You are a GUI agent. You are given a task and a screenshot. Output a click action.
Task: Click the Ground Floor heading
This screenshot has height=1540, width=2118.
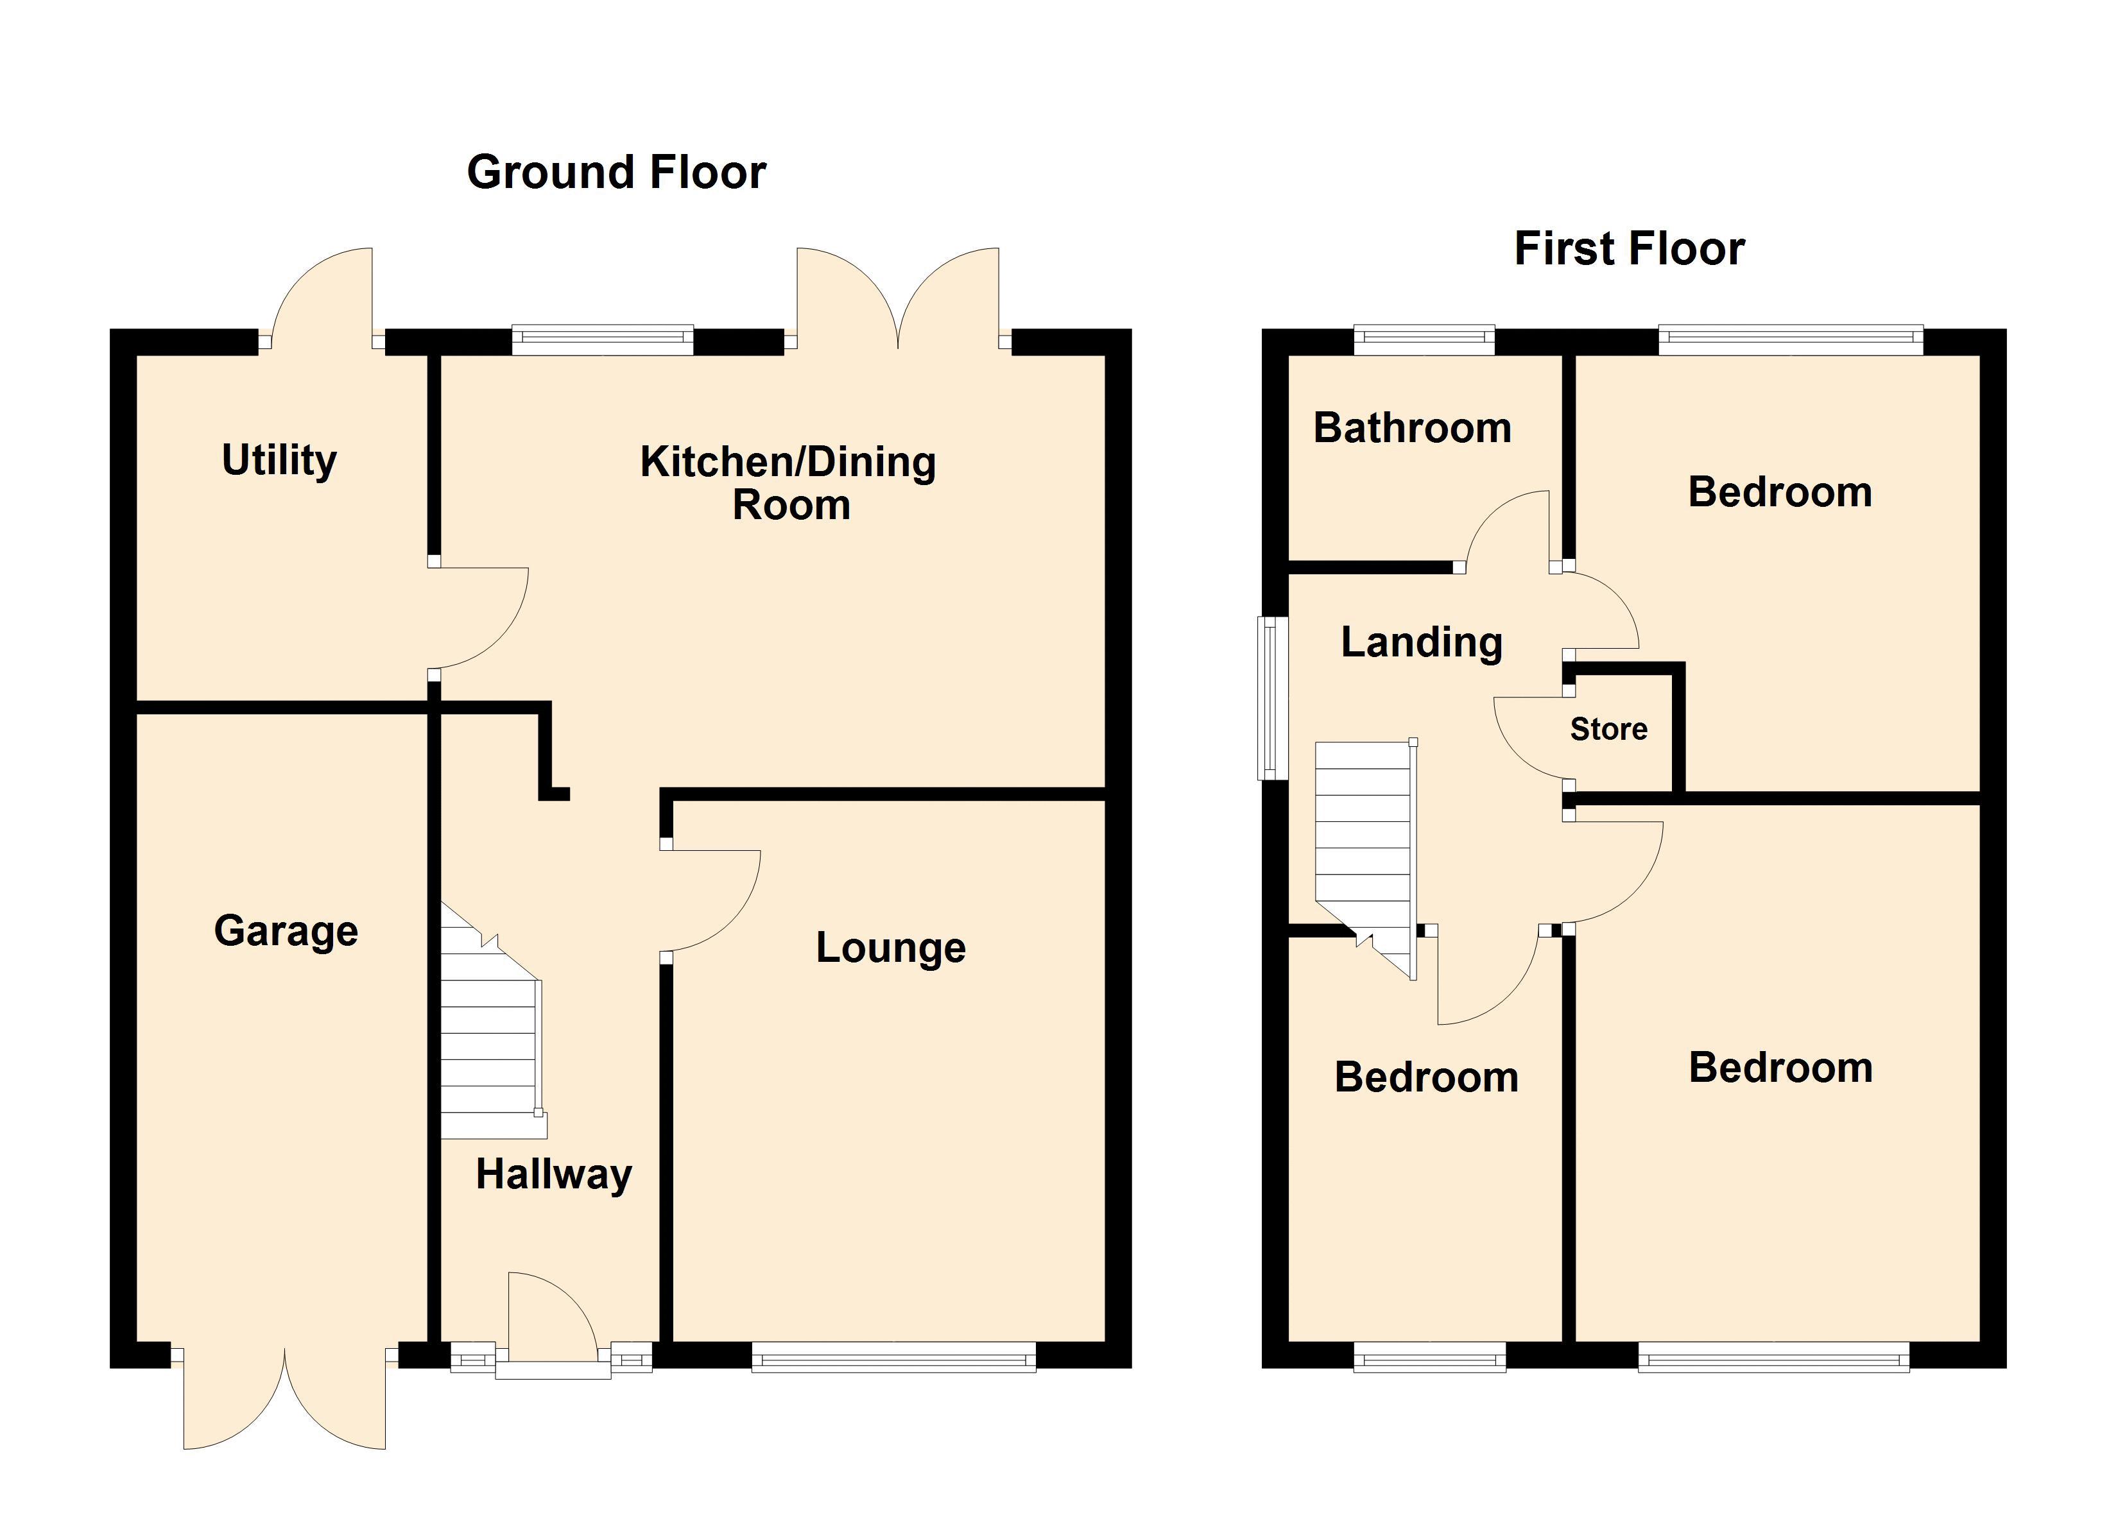[616, 173]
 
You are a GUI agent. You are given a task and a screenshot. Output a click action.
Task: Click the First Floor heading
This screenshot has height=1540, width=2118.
[1629, 250]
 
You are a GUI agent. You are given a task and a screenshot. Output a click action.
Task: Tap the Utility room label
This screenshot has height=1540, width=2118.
[279, 461]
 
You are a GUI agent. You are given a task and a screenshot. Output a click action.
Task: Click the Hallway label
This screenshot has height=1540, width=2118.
[554, 1176]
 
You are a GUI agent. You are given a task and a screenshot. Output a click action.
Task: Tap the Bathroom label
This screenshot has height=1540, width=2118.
[1412, 429]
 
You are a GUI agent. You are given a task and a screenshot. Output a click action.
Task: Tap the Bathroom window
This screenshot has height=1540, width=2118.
[1424, 340]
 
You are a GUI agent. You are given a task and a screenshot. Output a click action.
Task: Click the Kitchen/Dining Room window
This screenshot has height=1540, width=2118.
[602, 340]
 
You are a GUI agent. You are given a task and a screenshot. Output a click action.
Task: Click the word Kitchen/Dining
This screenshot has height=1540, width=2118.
[788, 462]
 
